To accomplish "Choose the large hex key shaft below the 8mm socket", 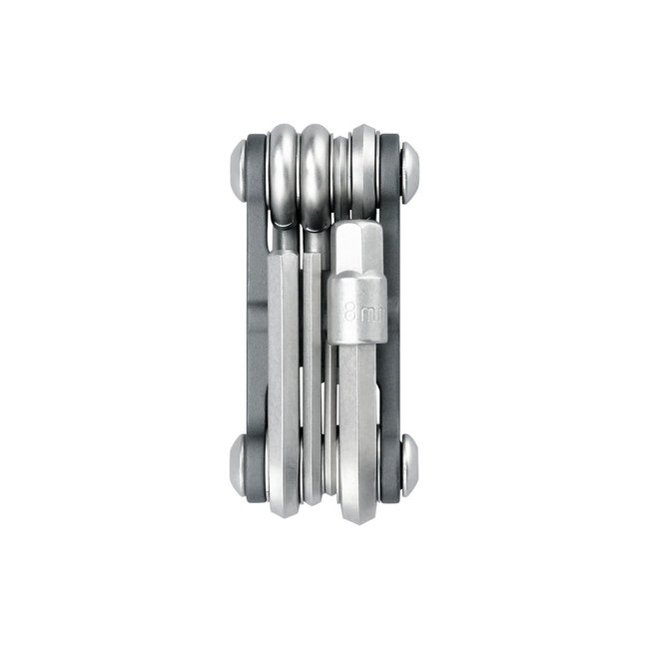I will [356, 419].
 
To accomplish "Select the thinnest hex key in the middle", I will [329, 399].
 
